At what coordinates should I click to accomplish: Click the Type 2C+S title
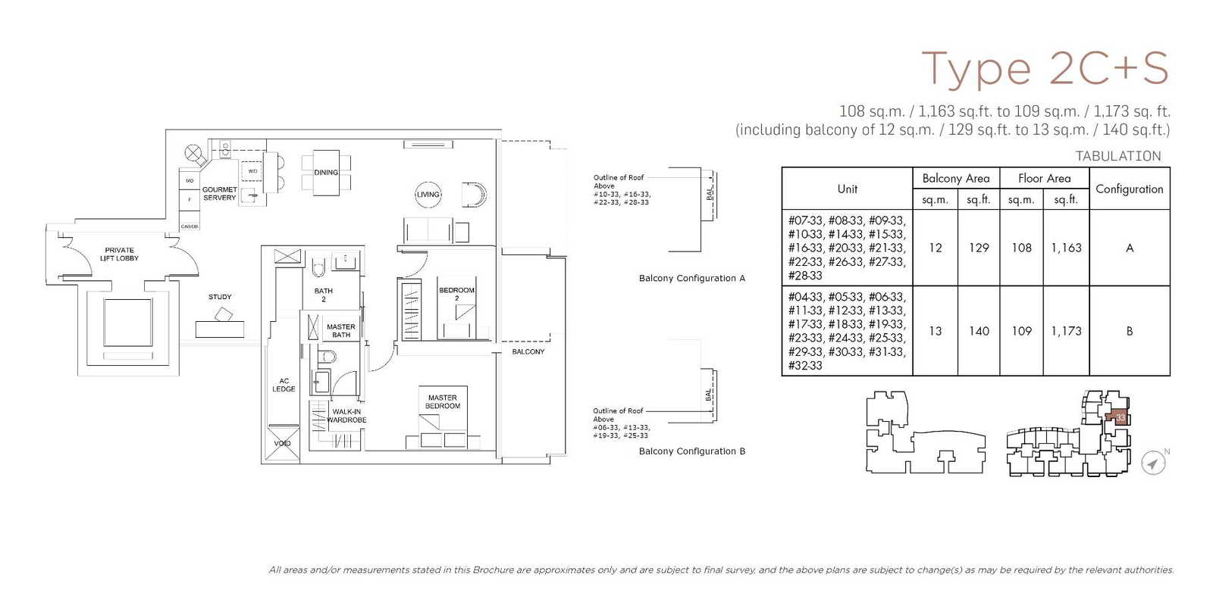pos(1044,68)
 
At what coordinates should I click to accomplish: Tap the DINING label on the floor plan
pos(326,173)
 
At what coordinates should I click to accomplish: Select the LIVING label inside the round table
pos(428,195)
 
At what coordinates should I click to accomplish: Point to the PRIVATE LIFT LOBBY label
pos(119,254)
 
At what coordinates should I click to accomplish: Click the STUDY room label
pos(220,297)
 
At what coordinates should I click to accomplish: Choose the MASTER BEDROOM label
pos(443,402)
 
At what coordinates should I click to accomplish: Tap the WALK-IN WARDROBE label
pos(346,416)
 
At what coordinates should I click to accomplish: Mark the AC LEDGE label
pos(284,385)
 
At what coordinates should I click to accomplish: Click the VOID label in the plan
pos(282,443)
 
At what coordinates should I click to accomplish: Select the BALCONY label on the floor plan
pos(528,351)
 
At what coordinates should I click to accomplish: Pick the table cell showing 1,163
pos(1066,248)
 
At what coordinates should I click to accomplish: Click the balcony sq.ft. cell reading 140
pos(979,331)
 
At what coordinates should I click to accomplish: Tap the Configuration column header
pos(1129,189)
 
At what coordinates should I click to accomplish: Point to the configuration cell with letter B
pos(1129,331)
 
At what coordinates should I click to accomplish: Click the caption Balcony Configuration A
pos(691,278)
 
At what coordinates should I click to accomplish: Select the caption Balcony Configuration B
pos(691,451)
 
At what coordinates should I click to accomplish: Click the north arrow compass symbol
pos(1153,463)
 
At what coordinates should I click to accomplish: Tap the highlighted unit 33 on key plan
pos(1120,417)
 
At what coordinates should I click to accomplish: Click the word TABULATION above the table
pos(1117,156)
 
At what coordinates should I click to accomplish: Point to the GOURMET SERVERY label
pos(219,194)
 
